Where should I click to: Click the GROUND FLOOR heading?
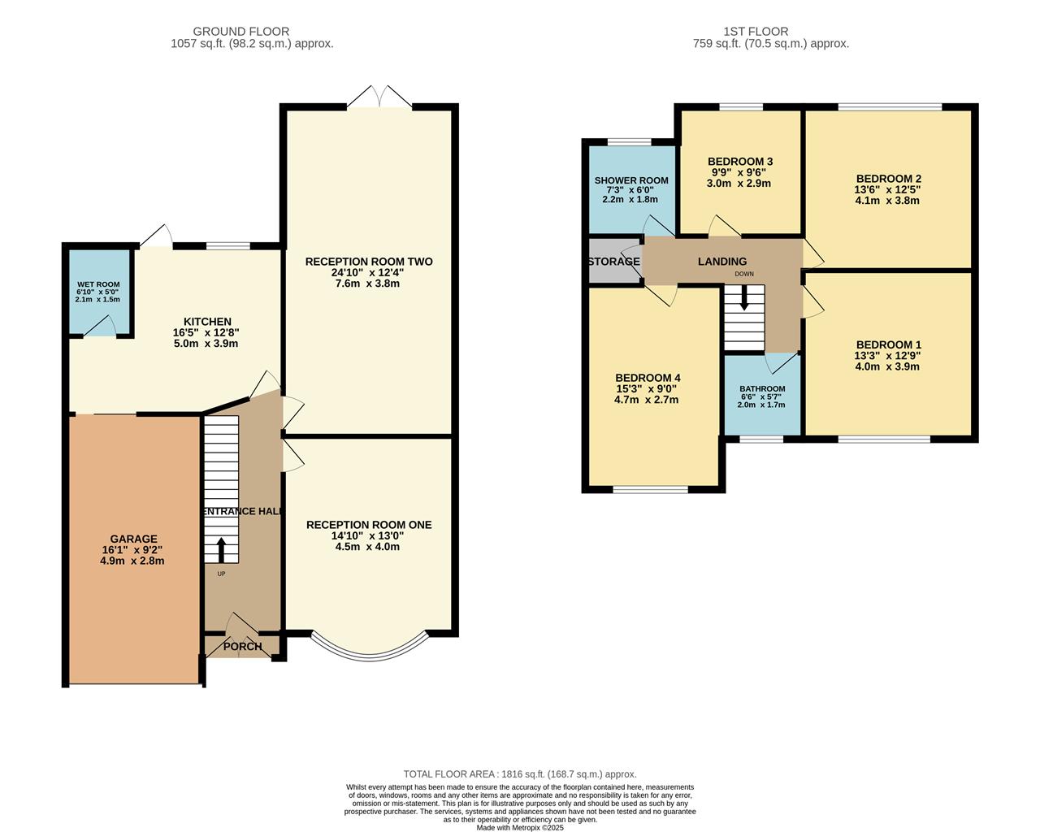[x=252, y=32]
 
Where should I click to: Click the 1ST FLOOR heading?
[x=756, y=32]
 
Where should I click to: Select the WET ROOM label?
[x=97, y=284]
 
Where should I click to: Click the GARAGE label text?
[x=134, y=539]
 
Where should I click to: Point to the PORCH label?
[x=242, y=647]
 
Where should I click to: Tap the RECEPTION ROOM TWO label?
[x=369, y=262]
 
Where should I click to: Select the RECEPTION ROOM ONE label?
[x=369, y=525]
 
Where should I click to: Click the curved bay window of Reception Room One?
[x=369, y=650]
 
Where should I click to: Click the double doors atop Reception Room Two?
[x=379, y=97]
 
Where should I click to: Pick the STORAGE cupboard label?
[x=613, y=262]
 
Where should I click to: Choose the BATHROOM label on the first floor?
[x=762, y=388]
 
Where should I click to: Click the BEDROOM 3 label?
[x=740, y=161]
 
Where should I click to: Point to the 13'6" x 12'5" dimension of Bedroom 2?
[x=888, y=189]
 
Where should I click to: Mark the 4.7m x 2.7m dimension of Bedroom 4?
[x=648, y=400]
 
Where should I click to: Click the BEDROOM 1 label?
[x=888, y=344]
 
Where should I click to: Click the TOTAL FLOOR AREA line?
[x=520, y=774]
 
